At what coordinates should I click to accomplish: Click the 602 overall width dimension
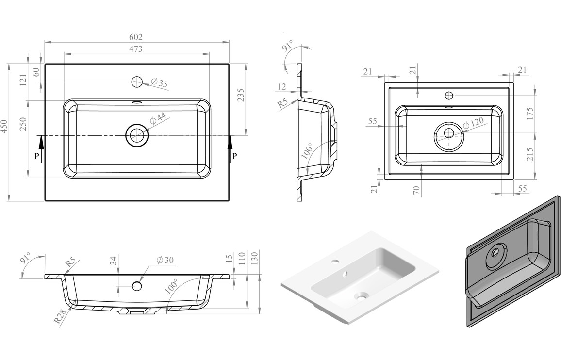(x=136, y=37)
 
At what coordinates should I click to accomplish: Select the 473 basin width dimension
(x=136, y=49)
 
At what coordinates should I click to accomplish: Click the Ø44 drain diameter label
(x=157, y=118)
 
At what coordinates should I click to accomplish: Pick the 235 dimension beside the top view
(x=241, y=95)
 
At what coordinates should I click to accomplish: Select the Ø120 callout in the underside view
(x=473, y=123)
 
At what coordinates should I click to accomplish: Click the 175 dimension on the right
(x=530, y=114)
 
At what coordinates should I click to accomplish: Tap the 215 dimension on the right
(x=530, y=154)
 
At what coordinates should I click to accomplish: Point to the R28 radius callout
(x=61, y=316)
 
